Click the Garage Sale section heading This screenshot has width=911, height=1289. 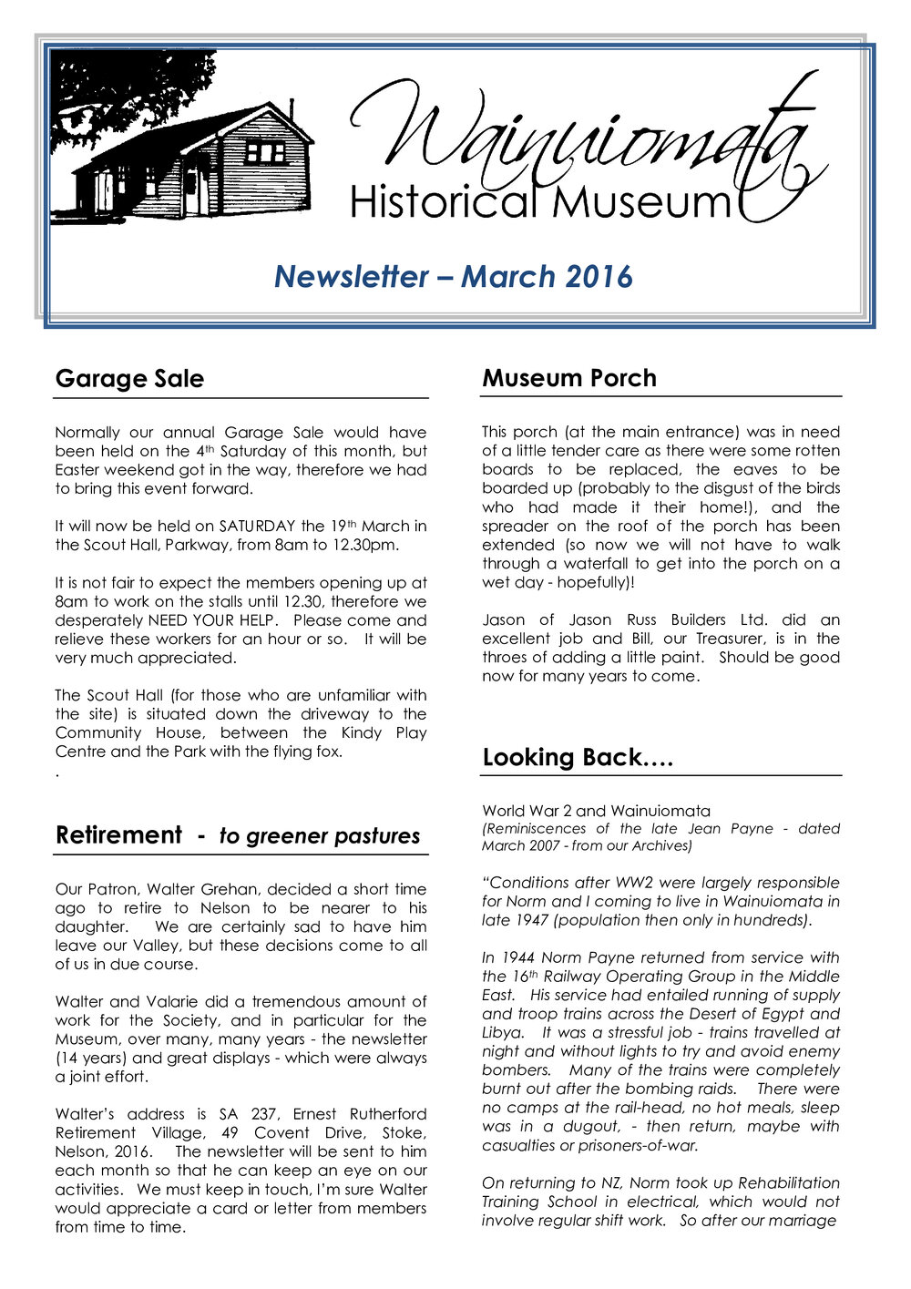pyautogui.click(x=129, y=379)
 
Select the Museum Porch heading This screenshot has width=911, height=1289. pyautogui.click(x=568, y=378)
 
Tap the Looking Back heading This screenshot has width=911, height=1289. pyautogui.click(x=578, y=758)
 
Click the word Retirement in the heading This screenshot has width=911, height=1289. pyautogui.click(x=118, y=835)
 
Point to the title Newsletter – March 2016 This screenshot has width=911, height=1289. pyautogui.click(x=454, y=276)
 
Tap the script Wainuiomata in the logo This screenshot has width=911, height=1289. pyautogui.click(x=583, y=137)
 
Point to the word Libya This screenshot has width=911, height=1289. pyautogui.click(x=502, y=1033)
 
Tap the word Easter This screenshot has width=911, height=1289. pyautogui.click(x=78, y=470)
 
